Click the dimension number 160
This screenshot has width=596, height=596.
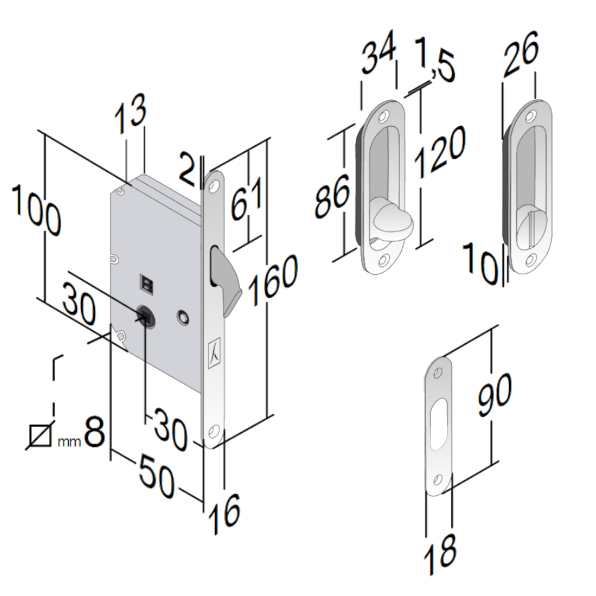[x=273, y=279]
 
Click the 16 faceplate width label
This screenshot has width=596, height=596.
[x=224, y=510]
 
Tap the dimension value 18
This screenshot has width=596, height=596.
[x=440, y=553]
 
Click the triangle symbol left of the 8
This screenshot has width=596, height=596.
[x=40, y=436]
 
